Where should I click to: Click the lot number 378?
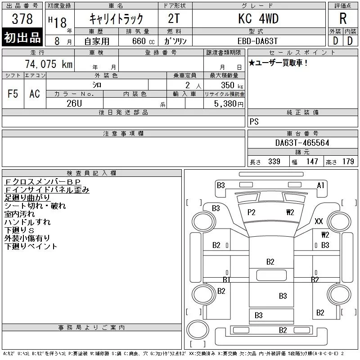(x=22, y=19)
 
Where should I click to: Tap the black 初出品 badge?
(x=22, y=37)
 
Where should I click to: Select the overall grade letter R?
(x=343, y=18)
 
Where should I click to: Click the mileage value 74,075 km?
(x=49, y=64)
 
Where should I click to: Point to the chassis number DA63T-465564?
(x=302, y=143)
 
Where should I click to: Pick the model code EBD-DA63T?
(x=257, y=41)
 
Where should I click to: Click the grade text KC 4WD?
(x=258, y=18)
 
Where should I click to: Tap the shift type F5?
(x=13, y=94)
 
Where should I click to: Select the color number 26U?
(x=74, y=103)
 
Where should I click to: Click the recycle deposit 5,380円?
(x=229, y=104)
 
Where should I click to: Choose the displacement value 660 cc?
(x=143, y=41)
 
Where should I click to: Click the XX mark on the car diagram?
(x=319, y=221)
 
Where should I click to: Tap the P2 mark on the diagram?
(x=252, y=212)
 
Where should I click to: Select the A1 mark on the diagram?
(x=320, y=185)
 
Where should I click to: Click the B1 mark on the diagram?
(x=227, y=279)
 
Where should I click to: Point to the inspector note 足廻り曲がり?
(x=27, y=198)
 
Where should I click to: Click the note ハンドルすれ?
(x=27, y=222)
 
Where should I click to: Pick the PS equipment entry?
(x=254, y=121)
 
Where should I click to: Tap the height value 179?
(x=348, y=162)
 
